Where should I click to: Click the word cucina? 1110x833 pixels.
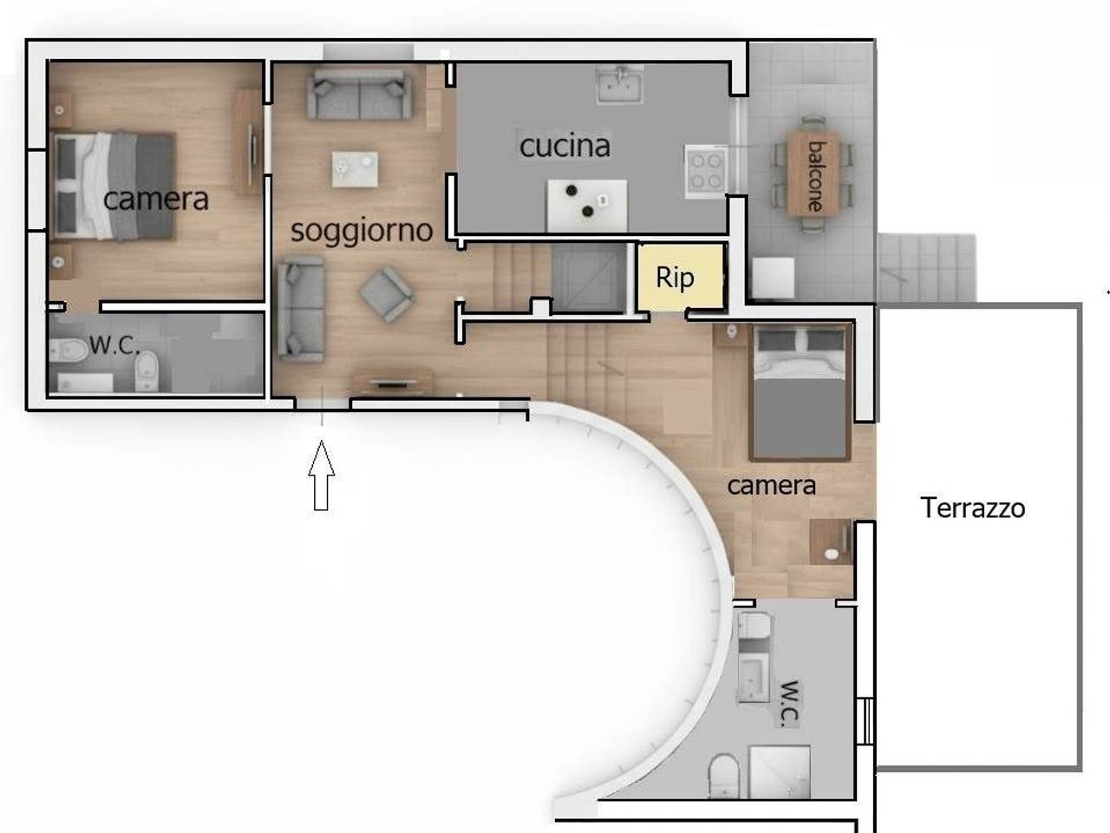pyautogui.click(x=565, y=146)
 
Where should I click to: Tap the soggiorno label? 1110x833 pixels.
pyautogui.click(x=362, y=231)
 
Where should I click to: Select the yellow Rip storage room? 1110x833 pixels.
pyautogui.click(x=680, y=277)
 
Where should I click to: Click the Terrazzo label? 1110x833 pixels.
pyautogui.click(x=972, y=508)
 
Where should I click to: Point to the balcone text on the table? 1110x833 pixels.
pyautogui.click(x=815, y=176)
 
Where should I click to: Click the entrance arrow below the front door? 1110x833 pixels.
pyautogui.click(x=322, y=476)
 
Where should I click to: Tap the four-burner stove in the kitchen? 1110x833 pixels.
pyautogui.click(x=707, y=171)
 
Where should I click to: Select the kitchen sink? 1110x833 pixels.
pyautogui.click(x=620, y=84)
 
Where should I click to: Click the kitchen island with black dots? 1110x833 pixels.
pyautogui.click(x=587, y=204)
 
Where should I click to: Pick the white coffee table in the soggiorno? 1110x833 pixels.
pyautogui.click(x=355, y=169)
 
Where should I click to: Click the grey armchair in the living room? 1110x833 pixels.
pyautogui.click(x=387, y=294)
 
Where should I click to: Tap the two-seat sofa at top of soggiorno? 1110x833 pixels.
pyautogui.click(x=359, y=94)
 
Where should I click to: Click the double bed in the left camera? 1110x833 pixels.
pyautogui.click(x=114, y=186)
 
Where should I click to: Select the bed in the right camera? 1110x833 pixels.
pyautogui.click(x=799, y=392)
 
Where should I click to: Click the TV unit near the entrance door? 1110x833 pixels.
pyautogui.click(x=393, y=381)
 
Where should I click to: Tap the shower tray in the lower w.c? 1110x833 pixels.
pyautogui.click(x=780, y=771)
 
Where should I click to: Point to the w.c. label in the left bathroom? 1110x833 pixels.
pyautogui.click(x=114, y=345)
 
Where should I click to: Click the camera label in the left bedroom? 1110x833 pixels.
pyautogui.click(x=156, y=200)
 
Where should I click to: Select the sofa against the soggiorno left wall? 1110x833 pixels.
pyautogui.click(x=301, y=310)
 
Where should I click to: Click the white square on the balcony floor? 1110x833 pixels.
pyautogui.click(x=773, y=278)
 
